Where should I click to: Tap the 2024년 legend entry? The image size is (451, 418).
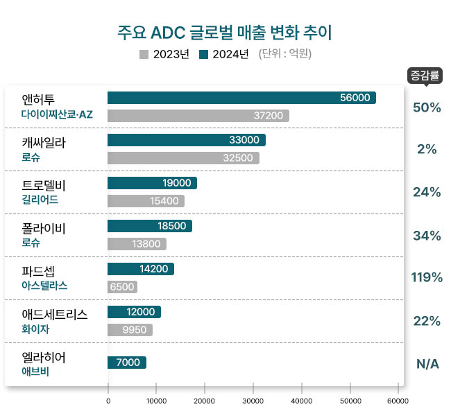tap(223, 55)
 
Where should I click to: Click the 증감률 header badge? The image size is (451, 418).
tap(425, 75)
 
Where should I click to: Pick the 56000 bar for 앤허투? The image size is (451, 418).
tap(241, 98)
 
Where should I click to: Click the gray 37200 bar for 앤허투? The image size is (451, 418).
tap(198, 116)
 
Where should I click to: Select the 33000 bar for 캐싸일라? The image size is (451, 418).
tap(186, 141)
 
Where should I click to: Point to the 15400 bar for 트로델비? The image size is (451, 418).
tap(146, 201)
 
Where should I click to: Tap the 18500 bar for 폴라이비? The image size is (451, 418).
tap(149, 227)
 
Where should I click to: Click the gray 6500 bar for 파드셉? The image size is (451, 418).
tap(122, 287)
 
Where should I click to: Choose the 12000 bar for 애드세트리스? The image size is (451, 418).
tap(134, 313)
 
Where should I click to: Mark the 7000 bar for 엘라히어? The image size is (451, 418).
tap(126, 363)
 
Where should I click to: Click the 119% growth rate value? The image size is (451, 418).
tap(427, 278)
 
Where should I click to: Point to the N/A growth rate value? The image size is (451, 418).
tap(427, 364)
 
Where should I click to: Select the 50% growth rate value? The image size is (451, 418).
tap(427, 107)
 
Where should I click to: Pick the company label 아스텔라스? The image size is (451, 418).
tap(45, 286)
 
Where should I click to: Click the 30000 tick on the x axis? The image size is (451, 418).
tap(253, 401)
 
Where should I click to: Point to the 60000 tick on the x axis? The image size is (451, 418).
tap(398, 401)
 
